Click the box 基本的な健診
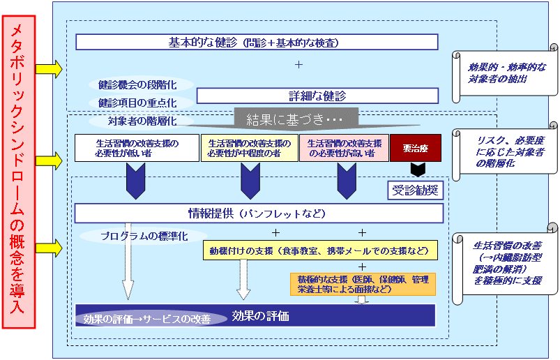tap(256, 43)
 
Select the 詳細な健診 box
tap(317, 96)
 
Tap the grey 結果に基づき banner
tap(296, 119)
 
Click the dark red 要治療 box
tap(415, 148)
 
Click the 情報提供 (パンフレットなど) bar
tap(259, 213)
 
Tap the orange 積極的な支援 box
tap(363, 284)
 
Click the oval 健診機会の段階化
tap(136, 84)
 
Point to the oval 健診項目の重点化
tap(136, 103)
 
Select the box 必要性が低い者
tap(137, 148)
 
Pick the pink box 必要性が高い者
tap(343, 148)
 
